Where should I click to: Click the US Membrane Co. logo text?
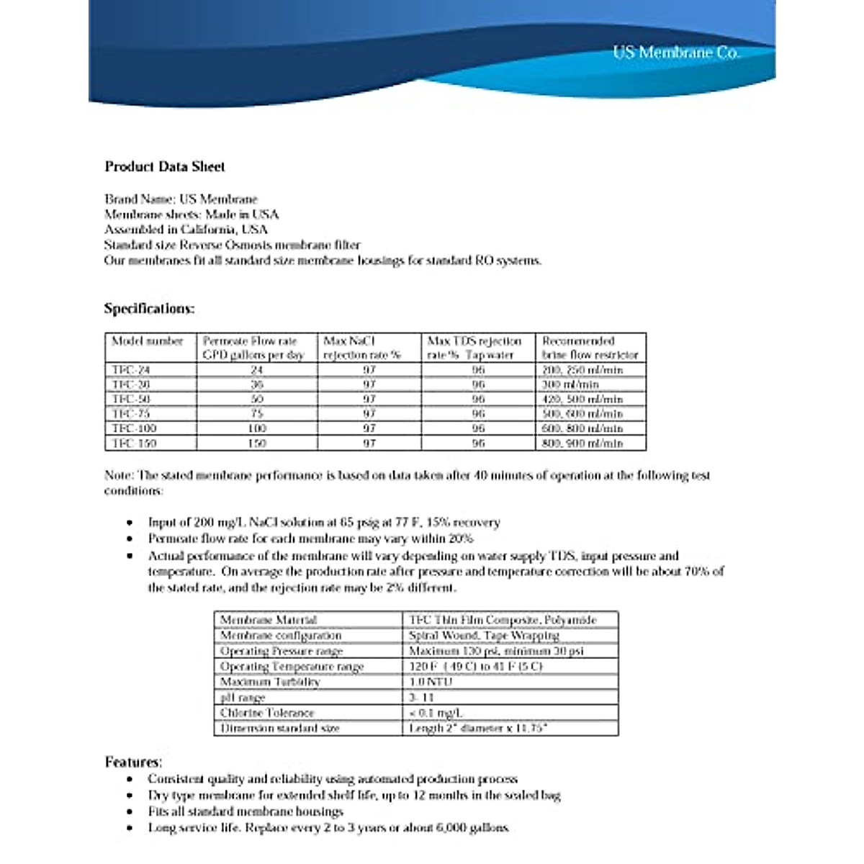coord(675,53)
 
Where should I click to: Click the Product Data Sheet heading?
coord(165,166)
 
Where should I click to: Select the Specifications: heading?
coord(149,308)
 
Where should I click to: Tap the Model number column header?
coord(148,341)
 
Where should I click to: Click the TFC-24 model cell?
coord(131,369)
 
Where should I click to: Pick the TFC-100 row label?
coord(134,428)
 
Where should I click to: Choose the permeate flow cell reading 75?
coord(257,414)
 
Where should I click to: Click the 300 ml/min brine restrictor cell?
coord(570,384)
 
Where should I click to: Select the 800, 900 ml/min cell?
coord(582,444)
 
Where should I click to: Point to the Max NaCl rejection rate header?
coord(362,348)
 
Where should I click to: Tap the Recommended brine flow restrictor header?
coord(590,348)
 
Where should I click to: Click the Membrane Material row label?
coord(269,620)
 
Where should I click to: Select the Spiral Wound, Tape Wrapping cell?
coord(484,636)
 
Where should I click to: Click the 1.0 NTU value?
coord(431,682)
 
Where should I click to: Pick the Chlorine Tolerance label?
coord(267,713)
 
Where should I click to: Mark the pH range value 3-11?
coord(422,697)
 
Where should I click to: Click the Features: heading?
coord(133,762)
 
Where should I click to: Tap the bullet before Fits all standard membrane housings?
coord(130,811)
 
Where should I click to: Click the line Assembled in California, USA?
coord(186,230)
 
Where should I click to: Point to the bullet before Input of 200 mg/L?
coord(130,523)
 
